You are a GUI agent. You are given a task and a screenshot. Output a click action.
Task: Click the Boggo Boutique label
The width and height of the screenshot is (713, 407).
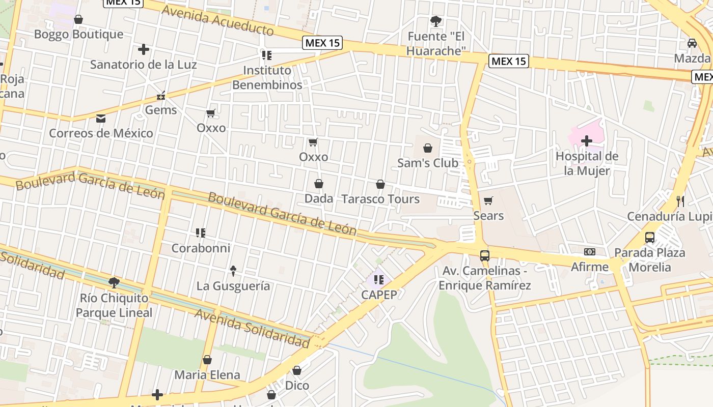pos(78,34)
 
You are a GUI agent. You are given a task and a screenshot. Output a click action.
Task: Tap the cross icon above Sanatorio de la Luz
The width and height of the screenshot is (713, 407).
pos(144,49)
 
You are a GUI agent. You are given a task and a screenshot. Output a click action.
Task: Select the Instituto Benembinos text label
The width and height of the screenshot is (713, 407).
pos(267,77)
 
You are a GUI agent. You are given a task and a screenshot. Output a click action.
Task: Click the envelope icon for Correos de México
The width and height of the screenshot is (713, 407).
pos(101,119)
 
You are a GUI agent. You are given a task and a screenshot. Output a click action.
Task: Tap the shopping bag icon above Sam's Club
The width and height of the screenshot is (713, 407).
pos(428,148)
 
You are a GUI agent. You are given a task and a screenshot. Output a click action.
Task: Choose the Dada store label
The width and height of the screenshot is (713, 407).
pos(318,198)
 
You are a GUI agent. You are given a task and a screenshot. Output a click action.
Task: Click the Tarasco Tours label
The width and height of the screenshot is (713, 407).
pos(380,199)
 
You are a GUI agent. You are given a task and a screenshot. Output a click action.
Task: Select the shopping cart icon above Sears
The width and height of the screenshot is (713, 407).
pos(488,200)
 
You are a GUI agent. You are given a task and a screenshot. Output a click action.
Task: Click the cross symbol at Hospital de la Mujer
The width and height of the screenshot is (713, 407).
pos(587,141)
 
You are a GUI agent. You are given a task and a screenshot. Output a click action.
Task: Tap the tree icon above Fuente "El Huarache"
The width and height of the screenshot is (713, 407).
pos(436,21)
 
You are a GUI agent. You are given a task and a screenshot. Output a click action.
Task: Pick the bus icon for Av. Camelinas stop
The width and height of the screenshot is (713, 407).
pos(485,256)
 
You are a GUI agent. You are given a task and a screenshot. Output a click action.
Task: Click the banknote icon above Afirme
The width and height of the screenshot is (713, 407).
pos(590,252)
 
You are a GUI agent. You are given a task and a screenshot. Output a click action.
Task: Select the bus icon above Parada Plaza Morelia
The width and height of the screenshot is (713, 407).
pos(650,238)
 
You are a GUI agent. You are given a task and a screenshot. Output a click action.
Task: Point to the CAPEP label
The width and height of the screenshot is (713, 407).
pos(379,295)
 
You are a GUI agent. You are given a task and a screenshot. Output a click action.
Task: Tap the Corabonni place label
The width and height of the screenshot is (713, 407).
pos(201,248)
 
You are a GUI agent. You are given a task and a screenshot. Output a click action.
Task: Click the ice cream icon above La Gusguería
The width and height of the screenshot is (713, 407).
pos(233,271)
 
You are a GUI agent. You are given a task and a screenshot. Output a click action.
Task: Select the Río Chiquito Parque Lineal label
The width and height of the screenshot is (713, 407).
pos(114,305)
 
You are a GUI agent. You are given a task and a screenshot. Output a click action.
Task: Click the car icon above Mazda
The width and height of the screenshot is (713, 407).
pos(692,43)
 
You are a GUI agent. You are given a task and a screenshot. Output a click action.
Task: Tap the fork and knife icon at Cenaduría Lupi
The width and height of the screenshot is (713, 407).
pos(680,201)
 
